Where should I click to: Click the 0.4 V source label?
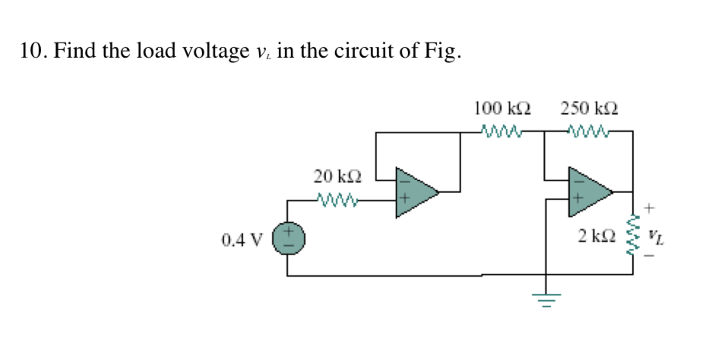click(x=241, y=241)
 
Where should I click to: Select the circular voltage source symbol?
click(x=289, y=238)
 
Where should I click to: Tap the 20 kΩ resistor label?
click(x=337, y=177)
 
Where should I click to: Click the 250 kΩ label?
click(x=589, y=108)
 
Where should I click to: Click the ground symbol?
click(x=546, y=300)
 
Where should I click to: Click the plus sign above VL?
click(x=650, y=207)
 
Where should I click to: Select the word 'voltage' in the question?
click(x=210, y=52)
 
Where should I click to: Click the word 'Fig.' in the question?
click(x=441, y=52)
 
